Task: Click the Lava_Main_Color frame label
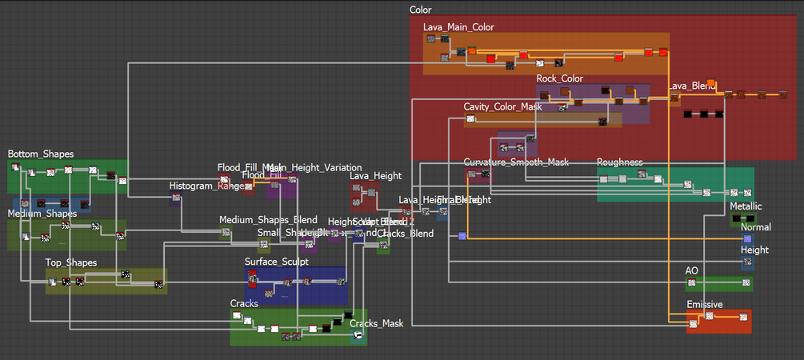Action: click(x=458, y=27)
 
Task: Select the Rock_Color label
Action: click(x=560, y=78)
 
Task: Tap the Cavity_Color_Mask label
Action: click(x=502, y=106)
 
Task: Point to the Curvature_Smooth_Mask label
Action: click(x=516, y=162)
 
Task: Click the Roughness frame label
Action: click(x=619, y=162)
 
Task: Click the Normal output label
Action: click(x=756, y=228)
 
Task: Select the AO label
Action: click(x=692, y=271)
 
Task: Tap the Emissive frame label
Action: click(x=704, y=305)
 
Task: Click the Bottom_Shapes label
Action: click(x=41, y=154)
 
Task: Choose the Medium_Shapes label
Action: click(x=42, y=214)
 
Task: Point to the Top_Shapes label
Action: click(x=71, y=262)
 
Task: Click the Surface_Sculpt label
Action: click(x=276, y=262)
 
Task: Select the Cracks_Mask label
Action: click(x=377, y=323)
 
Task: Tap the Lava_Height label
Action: click(x=375, y=176)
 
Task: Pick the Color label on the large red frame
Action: click(x=420, y=10)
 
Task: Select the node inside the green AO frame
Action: click(x=693, y=283)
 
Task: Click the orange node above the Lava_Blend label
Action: click(x=711, y=82)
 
